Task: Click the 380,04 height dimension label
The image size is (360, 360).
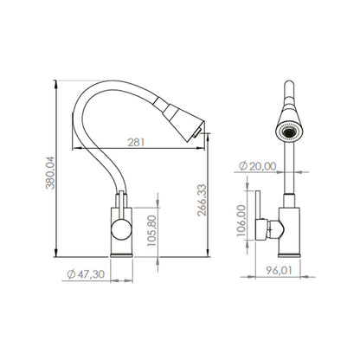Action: click(x=50, y=172)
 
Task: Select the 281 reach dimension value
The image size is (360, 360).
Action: click(x=136, y=142)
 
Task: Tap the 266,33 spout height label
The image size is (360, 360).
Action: click(x=202, y=200)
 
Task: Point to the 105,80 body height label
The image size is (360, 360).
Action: click(x=151, y=230)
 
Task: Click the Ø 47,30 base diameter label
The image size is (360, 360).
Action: click(x=86, y=274)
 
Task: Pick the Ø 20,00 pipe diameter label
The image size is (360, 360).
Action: click(x=258, y=166)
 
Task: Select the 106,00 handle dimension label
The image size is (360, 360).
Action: click(x=241, y=221)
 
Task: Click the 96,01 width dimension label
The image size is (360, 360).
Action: click(x=279, y=271)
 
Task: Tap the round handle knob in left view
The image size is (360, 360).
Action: click(x=121, y=229)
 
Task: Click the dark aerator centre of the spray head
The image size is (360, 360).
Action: click(x=289, y=132)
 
